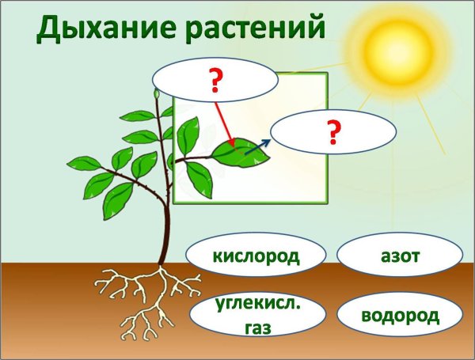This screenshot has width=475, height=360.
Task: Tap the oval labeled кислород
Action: pyautogui.click(x=245, y=256)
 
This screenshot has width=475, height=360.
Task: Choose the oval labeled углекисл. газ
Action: pyautogui.click(x=246, y=315)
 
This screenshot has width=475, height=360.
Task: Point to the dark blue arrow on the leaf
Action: pyautogui.click(x=257, y=145)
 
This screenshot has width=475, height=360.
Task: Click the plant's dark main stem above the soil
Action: pyautogui.click(x=163, y=229)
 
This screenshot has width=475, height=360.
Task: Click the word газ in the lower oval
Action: pyautogui.click(x=245, y=325)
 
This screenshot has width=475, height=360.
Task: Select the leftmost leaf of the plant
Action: pyautogui.click(x=78, y=165)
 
